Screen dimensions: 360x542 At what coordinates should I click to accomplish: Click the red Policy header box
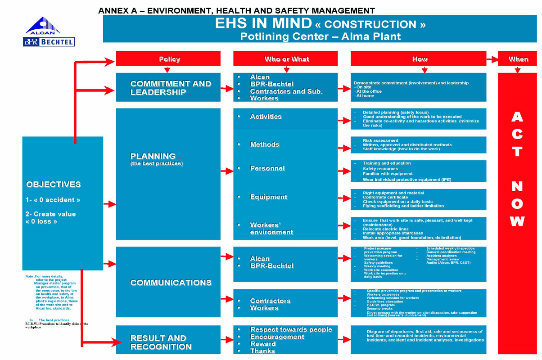coord(168,59)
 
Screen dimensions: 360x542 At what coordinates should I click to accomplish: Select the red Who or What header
coord(285,59)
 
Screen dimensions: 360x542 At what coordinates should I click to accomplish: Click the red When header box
coord(518,59)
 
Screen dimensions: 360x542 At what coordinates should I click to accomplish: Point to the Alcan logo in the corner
coord(43,26)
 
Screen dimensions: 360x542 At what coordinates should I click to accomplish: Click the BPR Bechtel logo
coord(49,42)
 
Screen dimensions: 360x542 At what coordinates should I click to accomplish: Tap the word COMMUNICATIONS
coord(171,283)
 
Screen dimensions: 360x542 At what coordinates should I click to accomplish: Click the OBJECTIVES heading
coord(54,184)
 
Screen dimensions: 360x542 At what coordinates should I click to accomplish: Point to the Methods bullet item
coord(265,144)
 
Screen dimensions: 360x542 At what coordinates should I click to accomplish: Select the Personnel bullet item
coord(267,168)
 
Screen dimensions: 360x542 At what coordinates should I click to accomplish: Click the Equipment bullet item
coord(268,197)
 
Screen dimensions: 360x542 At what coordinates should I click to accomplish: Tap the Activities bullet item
coord(266,117)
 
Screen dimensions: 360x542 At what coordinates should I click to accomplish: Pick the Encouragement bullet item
coord(277,337)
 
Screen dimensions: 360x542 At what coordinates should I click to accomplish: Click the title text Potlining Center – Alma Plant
coord(320,36)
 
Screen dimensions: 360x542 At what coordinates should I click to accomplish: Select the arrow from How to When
coord(492,58)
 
